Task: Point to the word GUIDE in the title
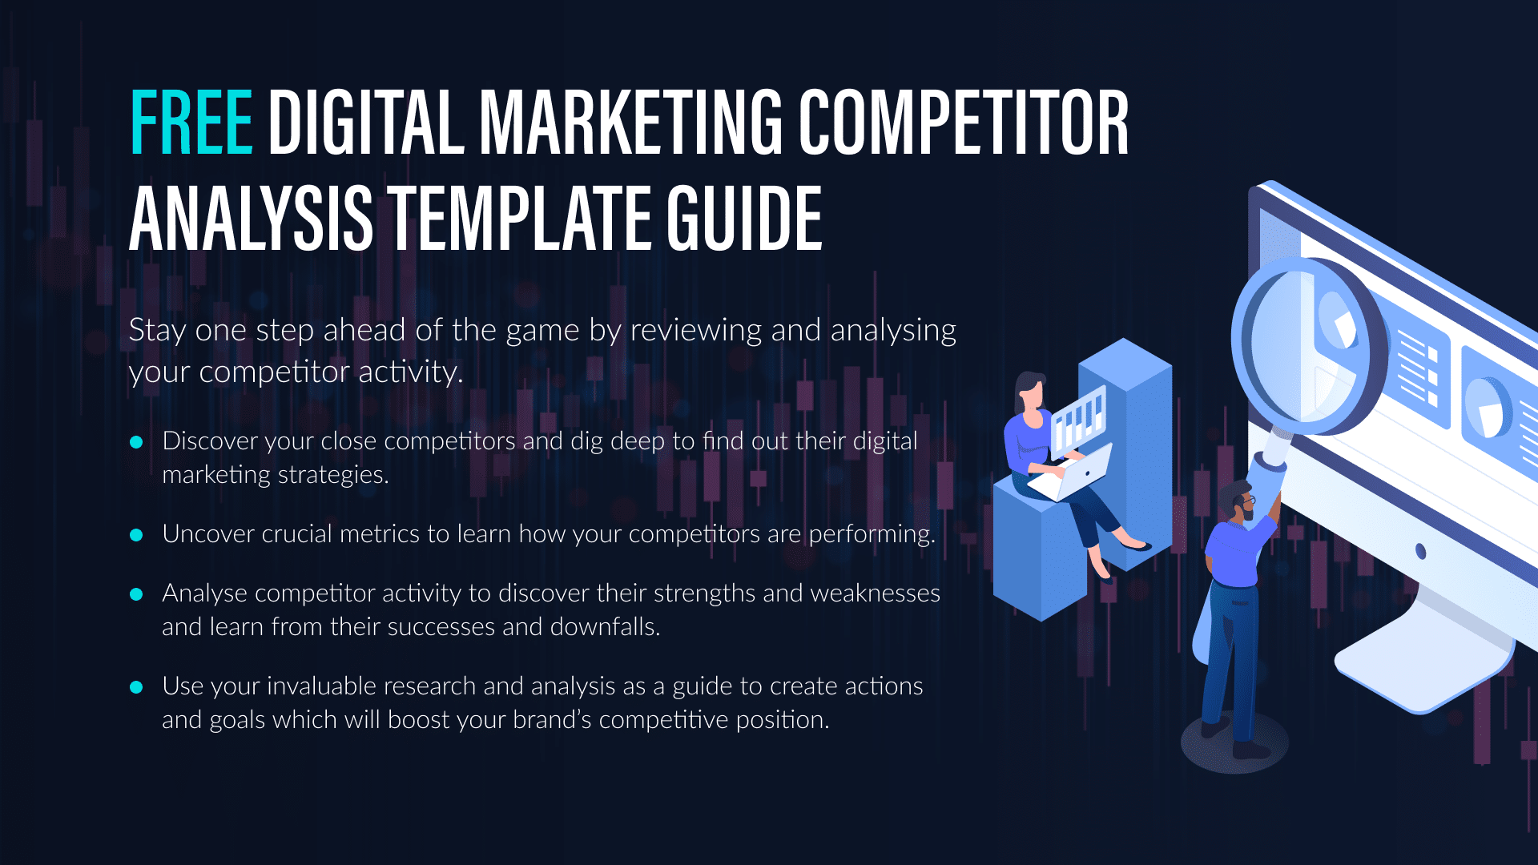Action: (x=745, y=218)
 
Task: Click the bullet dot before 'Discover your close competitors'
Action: (x=136, y=442)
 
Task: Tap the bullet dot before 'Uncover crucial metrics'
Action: (x=136, y=535)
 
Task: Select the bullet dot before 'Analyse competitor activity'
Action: (x=136, y=594)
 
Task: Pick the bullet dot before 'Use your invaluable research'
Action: (x=136, y=687)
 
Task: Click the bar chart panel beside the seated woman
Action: (x=1077, y=420)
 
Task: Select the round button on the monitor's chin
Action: (x=1421, y=551)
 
